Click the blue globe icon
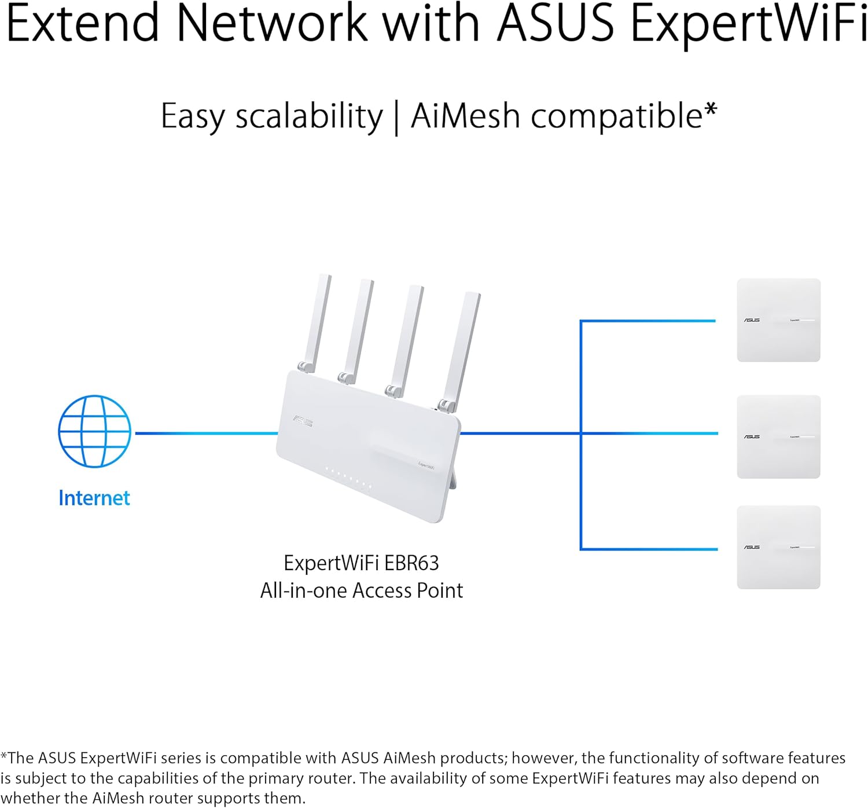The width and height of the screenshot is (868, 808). point(94,431)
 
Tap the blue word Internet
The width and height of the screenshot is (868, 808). point(94,498)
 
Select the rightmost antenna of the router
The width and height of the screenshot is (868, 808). point(463,347)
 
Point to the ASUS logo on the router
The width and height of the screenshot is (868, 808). point(303,421)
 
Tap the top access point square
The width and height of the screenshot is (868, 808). point(778,320)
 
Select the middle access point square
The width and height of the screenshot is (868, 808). point(778,436)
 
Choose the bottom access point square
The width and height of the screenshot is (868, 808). point(778,547)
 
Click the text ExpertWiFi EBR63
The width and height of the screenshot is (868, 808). point(361,563)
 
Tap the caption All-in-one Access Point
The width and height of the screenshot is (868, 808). point(361,591)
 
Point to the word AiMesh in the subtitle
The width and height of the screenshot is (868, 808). point(465,116)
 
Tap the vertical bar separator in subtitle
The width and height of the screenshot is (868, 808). point(396,117)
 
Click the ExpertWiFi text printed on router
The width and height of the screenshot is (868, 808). point(426,465)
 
